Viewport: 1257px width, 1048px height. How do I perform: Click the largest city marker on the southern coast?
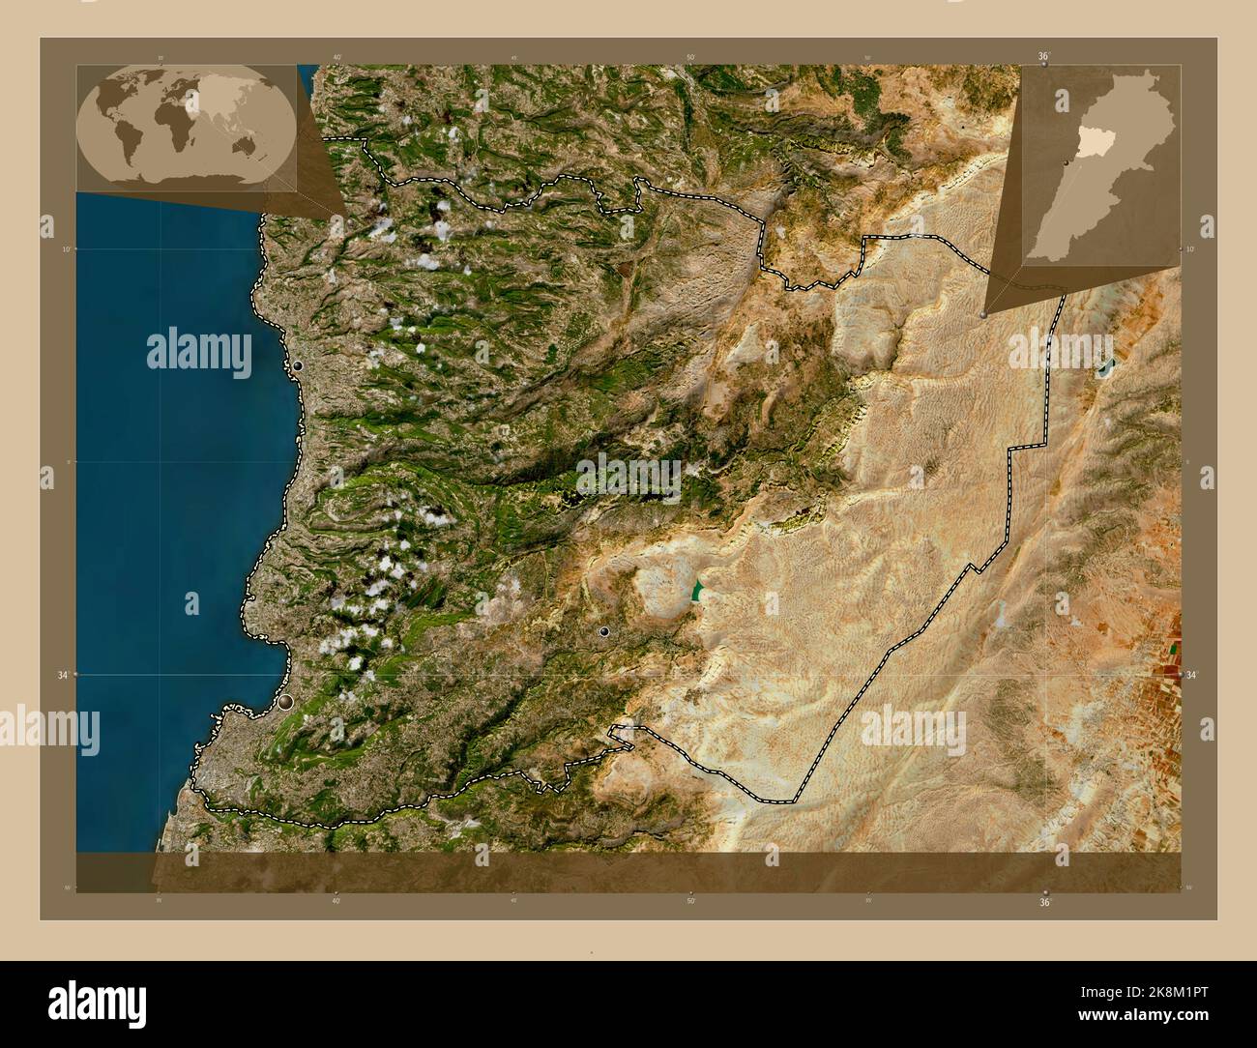285,703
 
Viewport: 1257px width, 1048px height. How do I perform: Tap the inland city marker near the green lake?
604,631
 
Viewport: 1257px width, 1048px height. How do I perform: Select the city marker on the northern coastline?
298,365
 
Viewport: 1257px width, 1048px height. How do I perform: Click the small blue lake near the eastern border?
1104,367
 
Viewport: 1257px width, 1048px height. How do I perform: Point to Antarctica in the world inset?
184,183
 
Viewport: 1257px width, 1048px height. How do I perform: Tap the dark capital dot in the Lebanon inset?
1066,163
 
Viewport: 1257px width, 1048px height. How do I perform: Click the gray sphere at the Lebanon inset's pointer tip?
983,314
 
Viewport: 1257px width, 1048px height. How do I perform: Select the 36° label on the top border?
1044,56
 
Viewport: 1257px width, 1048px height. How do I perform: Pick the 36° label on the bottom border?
1044,903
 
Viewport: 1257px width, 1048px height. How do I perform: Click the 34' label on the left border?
62,675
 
